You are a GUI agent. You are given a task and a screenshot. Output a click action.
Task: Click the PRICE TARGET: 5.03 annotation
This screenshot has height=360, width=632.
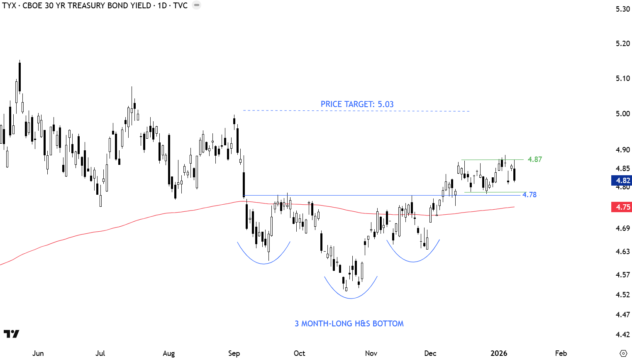pos(357,104)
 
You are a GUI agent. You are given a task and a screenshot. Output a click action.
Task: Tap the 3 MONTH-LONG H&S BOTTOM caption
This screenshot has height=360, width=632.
pos(349,323)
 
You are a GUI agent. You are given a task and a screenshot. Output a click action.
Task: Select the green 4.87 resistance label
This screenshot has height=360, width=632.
pos(534,159)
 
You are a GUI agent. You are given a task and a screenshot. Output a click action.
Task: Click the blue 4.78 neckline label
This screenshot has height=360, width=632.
pos(530,195)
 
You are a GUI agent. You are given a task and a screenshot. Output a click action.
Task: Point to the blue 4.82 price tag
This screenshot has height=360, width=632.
pos(622,181)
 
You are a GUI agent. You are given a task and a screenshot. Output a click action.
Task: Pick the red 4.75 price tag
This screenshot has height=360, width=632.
pos(622,207)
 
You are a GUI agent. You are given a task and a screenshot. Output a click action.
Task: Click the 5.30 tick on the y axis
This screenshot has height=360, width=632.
pos(622,9)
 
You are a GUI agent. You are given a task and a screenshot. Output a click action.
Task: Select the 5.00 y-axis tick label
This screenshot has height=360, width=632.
pos(622,114)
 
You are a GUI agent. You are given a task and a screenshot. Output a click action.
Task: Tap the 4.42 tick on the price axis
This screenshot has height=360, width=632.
pos(622,335)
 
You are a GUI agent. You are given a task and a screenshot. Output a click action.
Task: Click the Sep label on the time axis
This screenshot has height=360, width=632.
pos(234,353)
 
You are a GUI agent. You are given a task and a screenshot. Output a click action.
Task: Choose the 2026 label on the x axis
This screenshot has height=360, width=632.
pos(499,353)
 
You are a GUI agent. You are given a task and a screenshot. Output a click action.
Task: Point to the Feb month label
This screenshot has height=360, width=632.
pos(561,353)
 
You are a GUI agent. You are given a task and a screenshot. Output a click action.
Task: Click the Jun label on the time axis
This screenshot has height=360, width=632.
pos(38,353)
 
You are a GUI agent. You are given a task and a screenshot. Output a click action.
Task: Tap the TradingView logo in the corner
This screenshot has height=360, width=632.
pos(11,334)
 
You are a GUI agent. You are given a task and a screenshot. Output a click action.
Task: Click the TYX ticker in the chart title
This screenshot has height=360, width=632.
pos(9,6)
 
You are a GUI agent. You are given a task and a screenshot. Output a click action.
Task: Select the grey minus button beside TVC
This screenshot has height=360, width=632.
pos(197,5)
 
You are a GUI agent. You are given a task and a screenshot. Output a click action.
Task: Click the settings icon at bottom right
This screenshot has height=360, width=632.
pos(623,353)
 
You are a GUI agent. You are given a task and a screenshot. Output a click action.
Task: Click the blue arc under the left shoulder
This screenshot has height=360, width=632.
pos(264,263)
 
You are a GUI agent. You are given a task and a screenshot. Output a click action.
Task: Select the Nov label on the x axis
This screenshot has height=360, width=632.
pos(371,353)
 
